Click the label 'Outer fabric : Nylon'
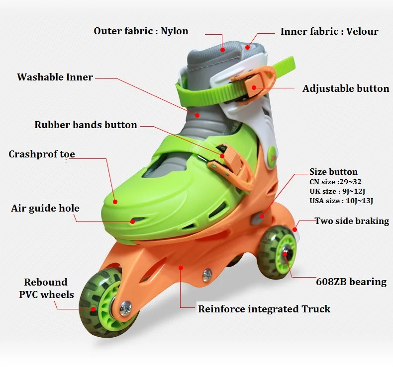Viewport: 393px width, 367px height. click(141, 31)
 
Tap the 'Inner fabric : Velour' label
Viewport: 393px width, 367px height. click(329, 32)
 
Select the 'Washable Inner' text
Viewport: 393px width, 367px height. click(55, 77)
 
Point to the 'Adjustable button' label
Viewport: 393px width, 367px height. click(346, 89)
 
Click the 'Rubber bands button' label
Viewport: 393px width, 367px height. click(86, 125)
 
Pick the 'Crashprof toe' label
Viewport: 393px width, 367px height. click(42, 154)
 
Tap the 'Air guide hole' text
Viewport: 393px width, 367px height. click(45, 208)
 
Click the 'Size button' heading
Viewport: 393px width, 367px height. click(333, 172)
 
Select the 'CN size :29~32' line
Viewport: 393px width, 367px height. click(335, 182)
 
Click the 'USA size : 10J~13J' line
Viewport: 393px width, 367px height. click(341, 201)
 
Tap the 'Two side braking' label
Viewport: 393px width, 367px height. click(352, 221)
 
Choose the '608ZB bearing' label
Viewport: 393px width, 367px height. click(351, 282)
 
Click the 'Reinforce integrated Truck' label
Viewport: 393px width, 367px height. click(264, 309)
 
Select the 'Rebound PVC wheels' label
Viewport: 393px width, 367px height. click(46, 289)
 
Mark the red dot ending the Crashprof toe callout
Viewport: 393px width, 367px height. click(115, 202)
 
